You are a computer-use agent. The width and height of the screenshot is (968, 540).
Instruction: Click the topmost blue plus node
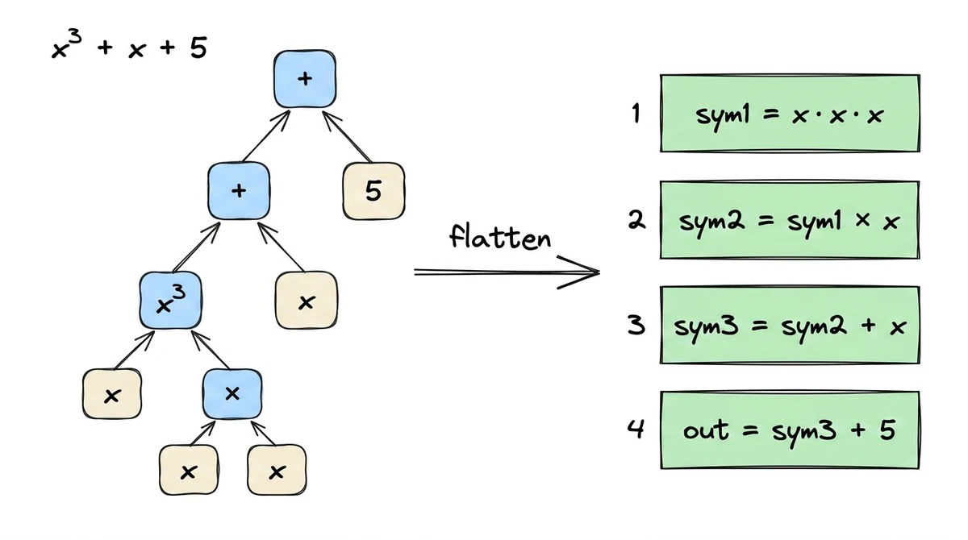(304, 79)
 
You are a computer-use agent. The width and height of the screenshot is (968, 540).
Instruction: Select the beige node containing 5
(373, 190)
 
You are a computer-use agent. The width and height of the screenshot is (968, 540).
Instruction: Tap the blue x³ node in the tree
(170, 300)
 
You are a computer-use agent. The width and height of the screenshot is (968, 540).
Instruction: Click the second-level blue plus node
(238, 190)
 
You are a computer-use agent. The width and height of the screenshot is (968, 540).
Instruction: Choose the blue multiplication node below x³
(232, 393)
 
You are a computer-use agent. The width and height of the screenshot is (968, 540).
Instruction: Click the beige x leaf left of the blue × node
(113, 394)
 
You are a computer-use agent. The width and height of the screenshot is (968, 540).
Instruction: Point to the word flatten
(499, 238)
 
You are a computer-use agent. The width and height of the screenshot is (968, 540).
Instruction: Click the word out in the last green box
(706, 430)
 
